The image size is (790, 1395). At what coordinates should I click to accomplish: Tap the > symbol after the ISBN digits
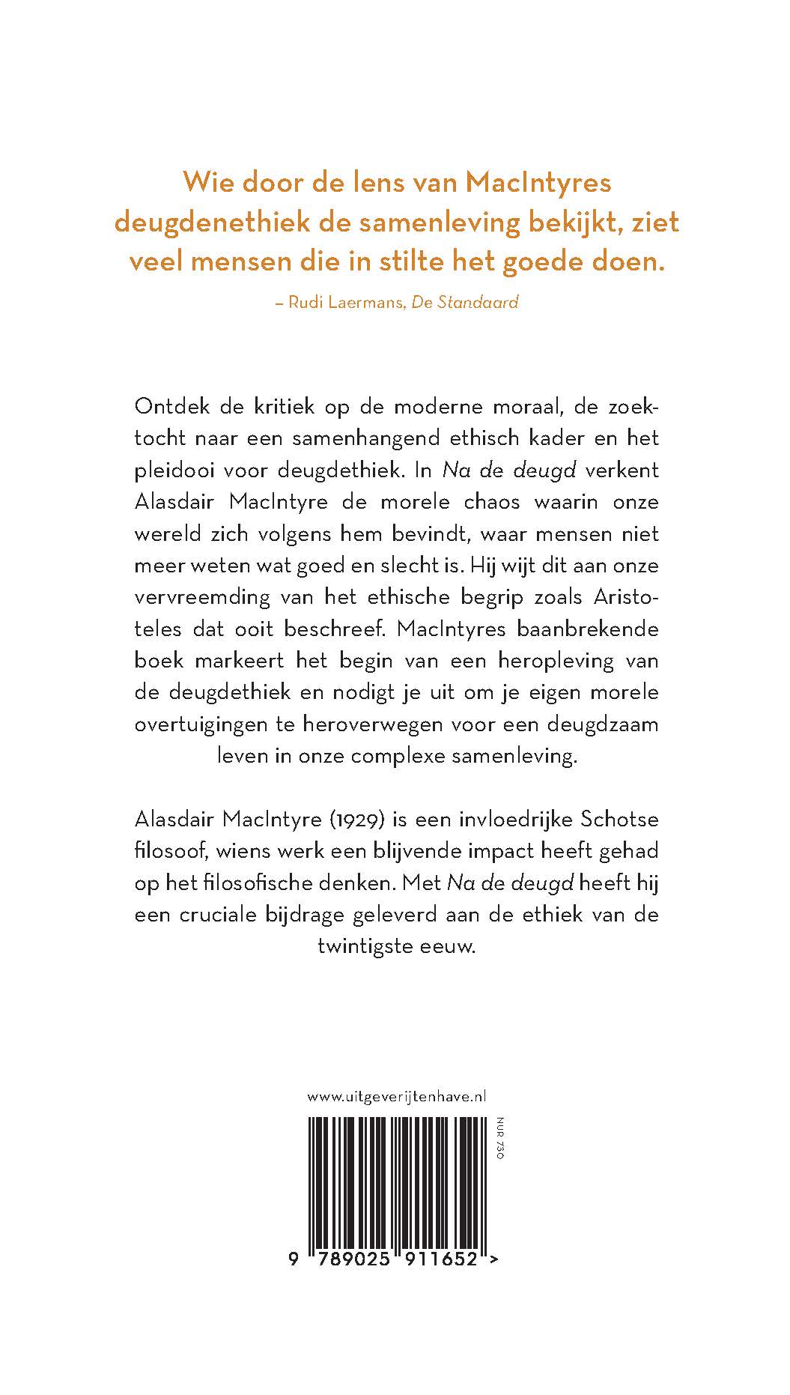pos(493,1260)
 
